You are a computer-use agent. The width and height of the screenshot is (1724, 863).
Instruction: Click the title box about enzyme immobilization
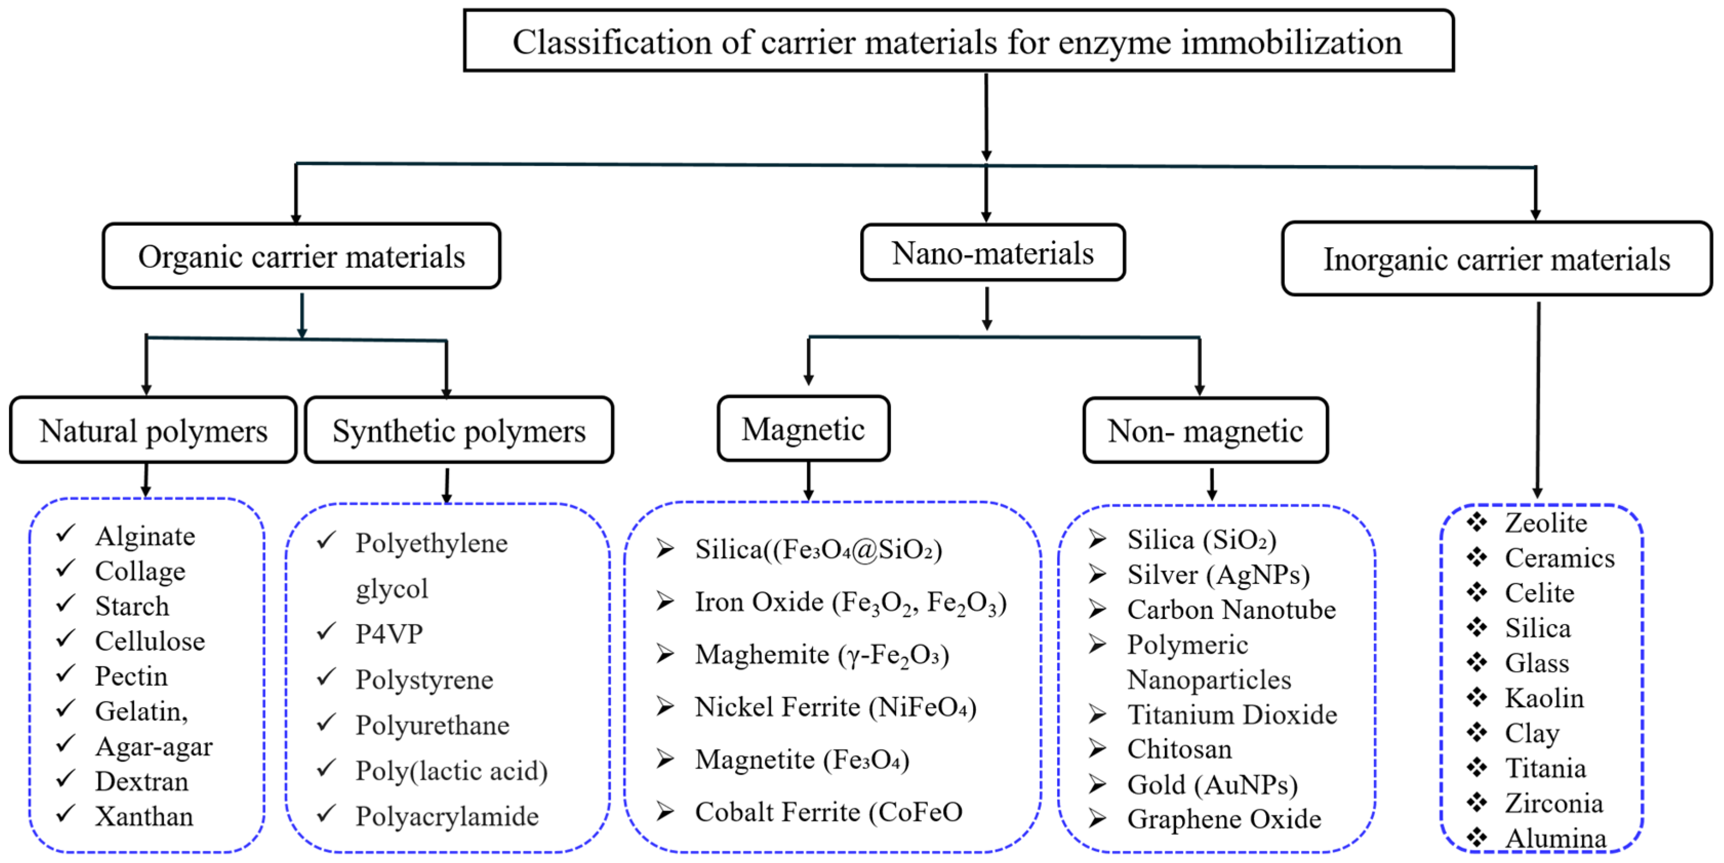coord(958,42)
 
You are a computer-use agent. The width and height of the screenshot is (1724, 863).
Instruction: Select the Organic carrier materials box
coord(301,257)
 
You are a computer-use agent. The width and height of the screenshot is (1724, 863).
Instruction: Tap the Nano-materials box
coord(992,254)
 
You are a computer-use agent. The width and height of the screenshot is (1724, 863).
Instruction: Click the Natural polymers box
coord(153,431)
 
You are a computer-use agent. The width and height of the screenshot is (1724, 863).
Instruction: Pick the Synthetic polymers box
coord(459,431)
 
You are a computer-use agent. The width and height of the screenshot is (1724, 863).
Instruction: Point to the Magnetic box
coord(803,429)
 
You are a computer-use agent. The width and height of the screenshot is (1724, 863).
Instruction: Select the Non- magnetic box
coord(1205,431)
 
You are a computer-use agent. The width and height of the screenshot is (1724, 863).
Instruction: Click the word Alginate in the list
coord(145,536)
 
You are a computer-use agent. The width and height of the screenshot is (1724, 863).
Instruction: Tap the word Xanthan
coord(144,817)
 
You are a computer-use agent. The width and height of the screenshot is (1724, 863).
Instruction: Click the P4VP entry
coord(389,633)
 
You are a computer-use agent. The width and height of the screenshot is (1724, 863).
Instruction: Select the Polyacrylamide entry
coord(447,817)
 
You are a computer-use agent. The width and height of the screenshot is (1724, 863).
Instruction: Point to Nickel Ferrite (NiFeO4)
coord(835,707)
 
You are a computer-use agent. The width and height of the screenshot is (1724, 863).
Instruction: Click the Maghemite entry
coord(822,655)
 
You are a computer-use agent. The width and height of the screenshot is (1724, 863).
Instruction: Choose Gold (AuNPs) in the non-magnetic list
coord(1212,785)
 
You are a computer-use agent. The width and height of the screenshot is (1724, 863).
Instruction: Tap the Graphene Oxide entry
coord(1224,819)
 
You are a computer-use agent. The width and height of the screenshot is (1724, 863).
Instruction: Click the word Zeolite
coord(1546,523)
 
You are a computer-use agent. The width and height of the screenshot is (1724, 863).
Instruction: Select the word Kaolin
coord(1544,698)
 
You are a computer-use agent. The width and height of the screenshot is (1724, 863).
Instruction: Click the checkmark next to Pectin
coord(66,673)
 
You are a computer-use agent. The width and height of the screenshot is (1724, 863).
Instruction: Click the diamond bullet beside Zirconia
coord(1476,801)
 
